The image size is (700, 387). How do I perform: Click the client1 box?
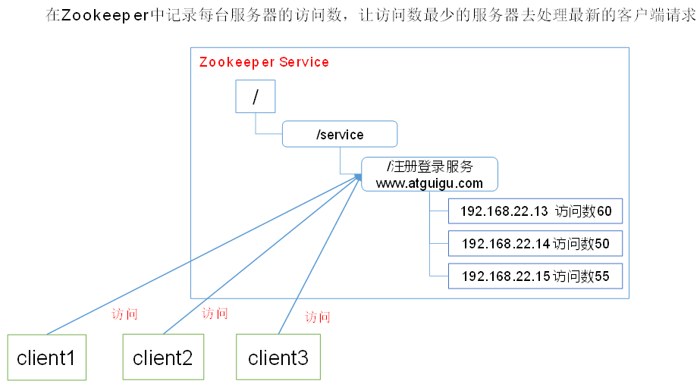[x=46, y=357]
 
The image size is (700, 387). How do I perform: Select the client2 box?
[x=163, y=357]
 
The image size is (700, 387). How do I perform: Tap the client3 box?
[x=278, y=357]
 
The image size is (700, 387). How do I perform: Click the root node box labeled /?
[x=254, y=97]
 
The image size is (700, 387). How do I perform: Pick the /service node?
[x=340, y=135]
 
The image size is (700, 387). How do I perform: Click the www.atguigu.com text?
[x=429, y=183]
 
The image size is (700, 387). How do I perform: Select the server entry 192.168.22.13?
[x=535, y=211]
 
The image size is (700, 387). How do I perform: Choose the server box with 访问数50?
[x=535, y=244]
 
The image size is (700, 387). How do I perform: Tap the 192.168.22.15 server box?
[x=535, y=276]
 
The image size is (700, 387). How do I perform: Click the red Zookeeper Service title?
[x=264, y=62]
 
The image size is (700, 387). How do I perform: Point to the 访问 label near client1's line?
[x=124, y=314]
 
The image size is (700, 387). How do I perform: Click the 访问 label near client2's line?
[x=215, y=313]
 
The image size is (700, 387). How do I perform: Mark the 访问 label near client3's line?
[x=318, y=317]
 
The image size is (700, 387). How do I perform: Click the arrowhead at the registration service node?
[x=358, y=176]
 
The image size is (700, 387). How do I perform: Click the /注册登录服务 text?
[x=429, y=167]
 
